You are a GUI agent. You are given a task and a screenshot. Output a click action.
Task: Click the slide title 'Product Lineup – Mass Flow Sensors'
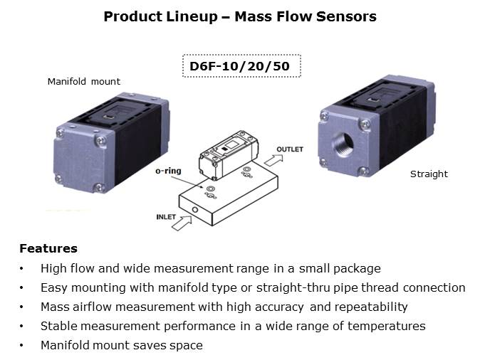(x=240, y=16)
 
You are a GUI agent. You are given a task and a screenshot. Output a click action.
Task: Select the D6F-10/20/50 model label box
(x=241, y=66)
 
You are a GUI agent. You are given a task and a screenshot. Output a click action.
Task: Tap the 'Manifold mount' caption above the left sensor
(x=83, y=82)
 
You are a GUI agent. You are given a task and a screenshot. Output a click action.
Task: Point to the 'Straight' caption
(x=429, y=174)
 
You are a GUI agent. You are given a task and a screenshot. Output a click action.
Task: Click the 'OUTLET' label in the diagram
(x=289, y=149)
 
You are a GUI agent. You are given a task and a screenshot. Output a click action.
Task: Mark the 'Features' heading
(x=48, y=249)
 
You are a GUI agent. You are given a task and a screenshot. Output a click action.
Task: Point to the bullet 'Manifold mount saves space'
(x=121, y=345)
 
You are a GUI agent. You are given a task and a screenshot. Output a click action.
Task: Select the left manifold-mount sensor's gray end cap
(x=80, y=159)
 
